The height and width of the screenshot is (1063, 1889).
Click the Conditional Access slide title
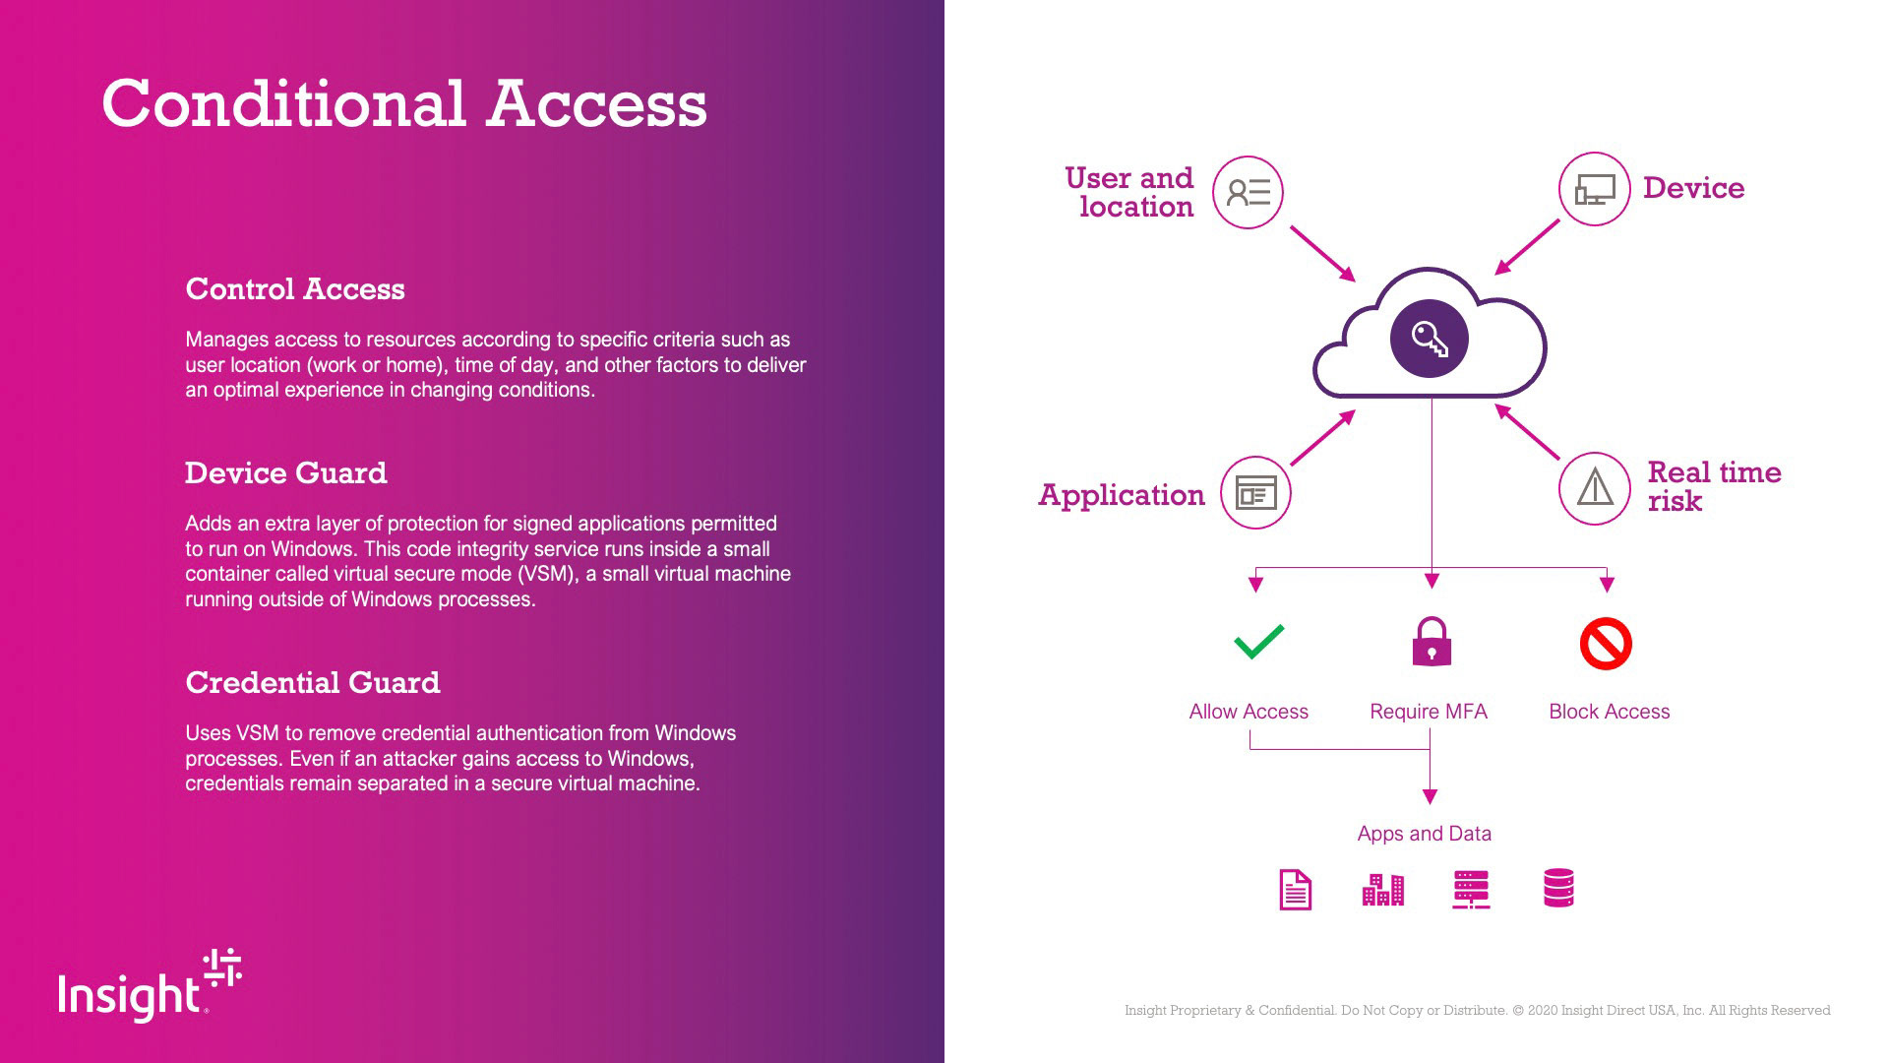pyautogui.click(x=404, y=103)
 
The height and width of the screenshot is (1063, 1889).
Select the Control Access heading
pyautogui.click(x=295, y=289)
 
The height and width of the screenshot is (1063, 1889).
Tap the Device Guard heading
pyautogui.click(x=286, y=473)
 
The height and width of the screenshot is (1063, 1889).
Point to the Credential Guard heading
pyautogui.click(x=313, y=683)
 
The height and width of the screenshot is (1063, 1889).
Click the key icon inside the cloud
pyautogui.click(x=1429, y=339)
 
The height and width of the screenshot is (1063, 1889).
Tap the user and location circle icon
pyautogui.click(x=1248, y=192)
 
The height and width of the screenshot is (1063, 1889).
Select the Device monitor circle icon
pyautogui.click(x=1594, y=189)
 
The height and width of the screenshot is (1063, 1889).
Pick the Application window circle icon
pyautogui.click(x=1255, y=492)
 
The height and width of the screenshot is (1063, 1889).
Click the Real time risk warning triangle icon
pyautogui.click(x=1595, y=488)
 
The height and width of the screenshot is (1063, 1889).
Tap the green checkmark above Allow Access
pyautogui.click(x=1258, y=642)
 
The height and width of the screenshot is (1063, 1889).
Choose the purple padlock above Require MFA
pyautogui.click(x=1432, y=643)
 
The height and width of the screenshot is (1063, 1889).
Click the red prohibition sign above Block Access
pyautogui.click(x=1606, y=644)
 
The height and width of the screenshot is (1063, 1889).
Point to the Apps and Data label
pyautogui.click(x=1424, y=834)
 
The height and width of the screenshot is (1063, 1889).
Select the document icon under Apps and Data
pyautogui.click(x=1295, y=890)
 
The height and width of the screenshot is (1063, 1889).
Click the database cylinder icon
pyautogui.click(x=1558, y=888)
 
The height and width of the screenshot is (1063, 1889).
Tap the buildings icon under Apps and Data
pyautogui.click(x=1382, y=890)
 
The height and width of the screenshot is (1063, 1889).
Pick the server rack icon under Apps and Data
pyautogui.click(x=1471, y=890)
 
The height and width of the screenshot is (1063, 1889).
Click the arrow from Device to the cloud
pyautogui.click(x=1527, y=246)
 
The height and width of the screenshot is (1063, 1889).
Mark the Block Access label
pyautogui.click(x=1609, y=712)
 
